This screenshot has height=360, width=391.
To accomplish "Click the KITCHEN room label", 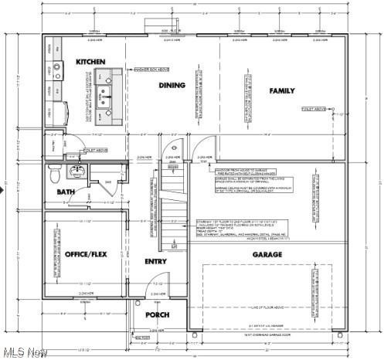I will (x=90, y=61).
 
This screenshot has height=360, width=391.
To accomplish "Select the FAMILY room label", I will (x=282, y=91).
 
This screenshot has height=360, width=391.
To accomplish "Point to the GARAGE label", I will (x=267, y=254).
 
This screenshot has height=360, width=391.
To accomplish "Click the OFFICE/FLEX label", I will (x=85, y=254).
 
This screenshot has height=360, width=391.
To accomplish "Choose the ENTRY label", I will (x=156, y=262).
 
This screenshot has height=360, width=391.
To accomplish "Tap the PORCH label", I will (x=157, y=315).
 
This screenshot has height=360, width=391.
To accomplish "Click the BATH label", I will (x=66, y=192).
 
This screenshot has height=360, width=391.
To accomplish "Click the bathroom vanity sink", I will (x=77, y=171).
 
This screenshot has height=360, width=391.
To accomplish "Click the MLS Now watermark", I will (x=24, y=352).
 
